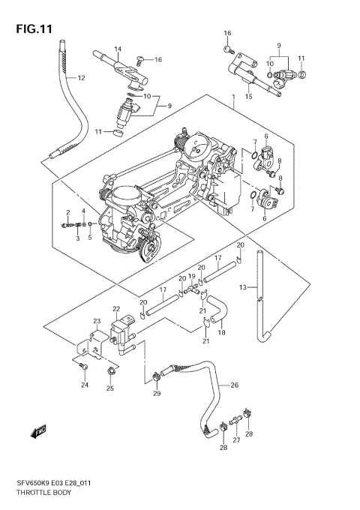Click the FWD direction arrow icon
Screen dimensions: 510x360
point(37,432)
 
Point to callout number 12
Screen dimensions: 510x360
point(81,77)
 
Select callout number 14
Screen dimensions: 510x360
point(117,49)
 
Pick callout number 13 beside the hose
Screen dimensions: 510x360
point(242,287)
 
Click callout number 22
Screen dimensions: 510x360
point(116,309)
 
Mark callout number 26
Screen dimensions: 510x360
point(234,385)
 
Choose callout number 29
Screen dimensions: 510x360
point(157,394)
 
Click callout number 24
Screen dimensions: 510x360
point(85,385)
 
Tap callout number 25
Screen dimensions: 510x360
point(110,388)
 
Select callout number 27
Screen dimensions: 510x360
point(235,441)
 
